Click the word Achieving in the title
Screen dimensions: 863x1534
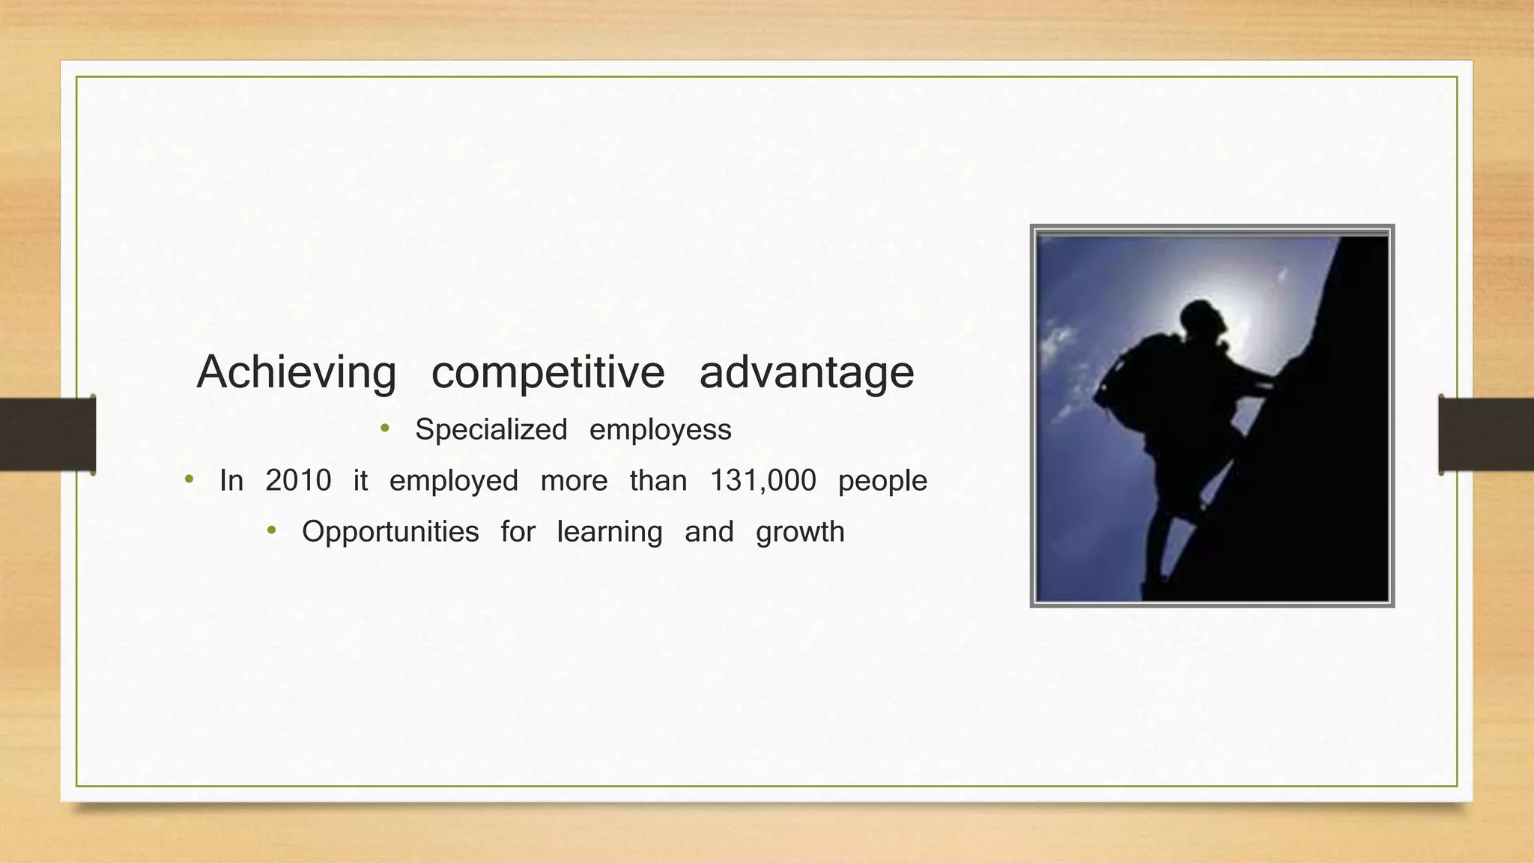point(296,372)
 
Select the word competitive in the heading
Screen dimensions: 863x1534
point(548,372)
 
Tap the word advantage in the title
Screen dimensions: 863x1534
point(806,372)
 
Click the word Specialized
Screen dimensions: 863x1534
point(491,430)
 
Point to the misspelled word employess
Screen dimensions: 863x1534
point(660,430)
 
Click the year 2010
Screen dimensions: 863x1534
point(298,481)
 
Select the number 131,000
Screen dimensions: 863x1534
point(763,481)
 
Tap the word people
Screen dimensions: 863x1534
point(882,481)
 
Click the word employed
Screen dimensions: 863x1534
point(453,481)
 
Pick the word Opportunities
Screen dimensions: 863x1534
point(389,532)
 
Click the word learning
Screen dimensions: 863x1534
point(610,532)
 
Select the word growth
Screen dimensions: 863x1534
point(800,532)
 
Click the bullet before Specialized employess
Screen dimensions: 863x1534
point(385,429)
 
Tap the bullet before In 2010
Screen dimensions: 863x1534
point(189,479)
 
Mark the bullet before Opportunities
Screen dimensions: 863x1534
point(271,531)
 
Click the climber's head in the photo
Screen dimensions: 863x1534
point(1203,318)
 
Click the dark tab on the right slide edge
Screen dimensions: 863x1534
point(1486,434)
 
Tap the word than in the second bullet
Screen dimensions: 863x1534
point(658,481)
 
